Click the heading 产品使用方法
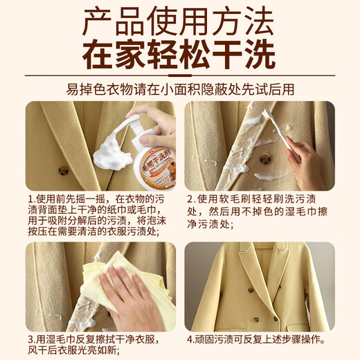click(x=179, y=23)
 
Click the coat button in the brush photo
click(x=265, y=159)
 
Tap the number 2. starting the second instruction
click(x=193, y=198)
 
